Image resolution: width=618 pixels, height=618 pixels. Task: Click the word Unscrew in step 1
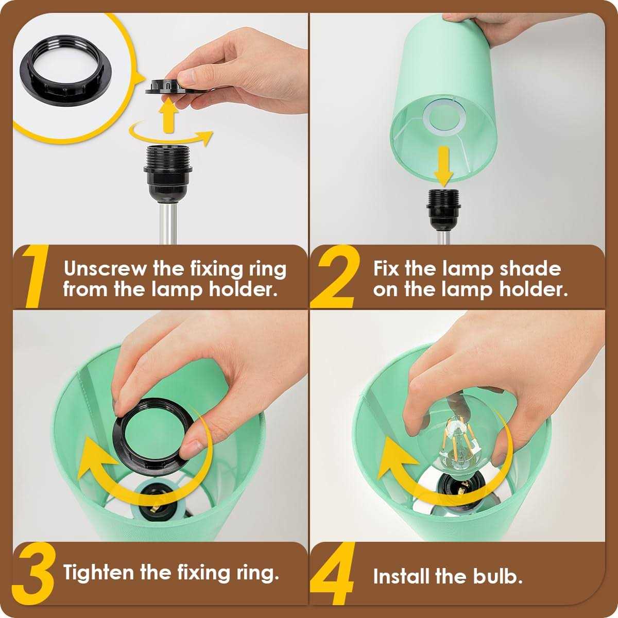point(105,268)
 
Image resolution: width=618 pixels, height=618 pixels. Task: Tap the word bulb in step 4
point(498,576)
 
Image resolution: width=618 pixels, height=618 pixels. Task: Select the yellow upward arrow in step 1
point(169,115)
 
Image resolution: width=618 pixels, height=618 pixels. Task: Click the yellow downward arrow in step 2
point(444,167)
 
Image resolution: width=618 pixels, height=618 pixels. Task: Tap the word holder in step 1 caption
point(243,289)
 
